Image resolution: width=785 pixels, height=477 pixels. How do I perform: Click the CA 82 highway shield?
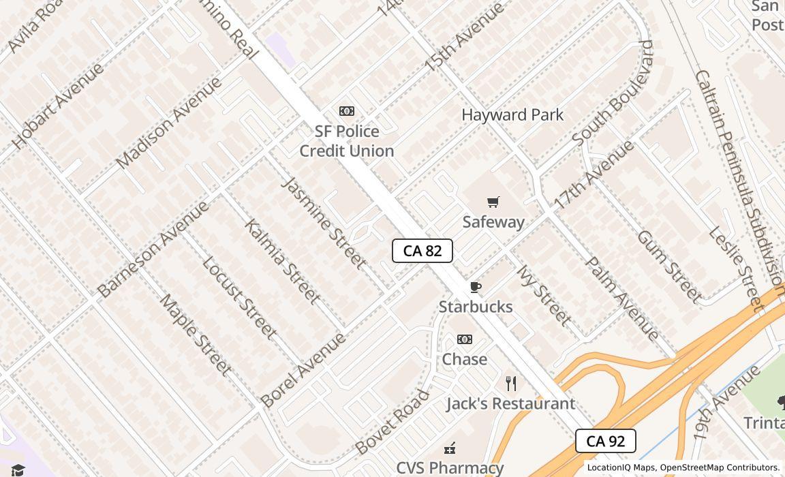(x=422, y=251)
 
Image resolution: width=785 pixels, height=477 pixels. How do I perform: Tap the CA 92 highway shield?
(x=605, y=441)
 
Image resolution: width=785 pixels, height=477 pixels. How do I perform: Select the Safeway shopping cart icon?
(x=493, y=202)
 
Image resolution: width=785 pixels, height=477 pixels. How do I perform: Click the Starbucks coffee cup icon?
(x=476, y=287)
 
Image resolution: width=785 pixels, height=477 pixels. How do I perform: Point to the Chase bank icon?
(x=465, y=339)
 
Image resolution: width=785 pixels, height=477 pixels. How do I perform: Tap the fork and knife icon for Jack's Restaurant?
(x=511, y=384)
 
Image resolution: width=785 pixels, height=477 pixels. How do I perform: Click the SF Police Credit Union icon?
(x=347, y=111)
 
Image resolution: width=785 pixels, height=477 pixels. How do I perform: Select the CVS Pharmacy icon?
(x=450, y=448)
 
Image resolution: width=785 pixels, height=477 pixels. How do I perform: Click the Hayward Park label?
(x=512, y=114)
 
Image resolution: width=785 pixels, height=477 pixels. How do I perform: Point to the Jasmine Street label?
(x=324, y=222)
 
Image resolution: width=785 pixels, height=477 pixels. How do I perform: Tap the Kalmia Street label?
(x=282, y=261)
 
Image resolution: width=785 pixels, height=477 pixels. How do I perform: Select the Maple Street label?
(x=196, y=335)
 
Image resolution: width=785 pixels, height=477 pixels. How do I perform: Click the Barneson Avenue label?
(x=153, y=249)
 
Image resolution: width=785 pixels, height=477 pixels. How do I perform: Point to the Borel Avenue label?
(x=303, y=370)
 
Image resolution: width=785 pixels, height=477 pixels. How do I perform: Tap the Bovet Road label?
(x=392, y=422)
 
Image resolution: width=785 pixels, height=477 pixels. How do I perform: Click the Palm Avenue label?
(x=622, y=298)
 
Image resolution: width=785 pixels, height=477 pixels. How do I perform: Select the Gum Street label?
(x=669, y=266)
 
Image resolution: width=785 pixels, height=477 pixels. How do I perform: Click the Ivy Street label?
(x=544, y=295)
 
